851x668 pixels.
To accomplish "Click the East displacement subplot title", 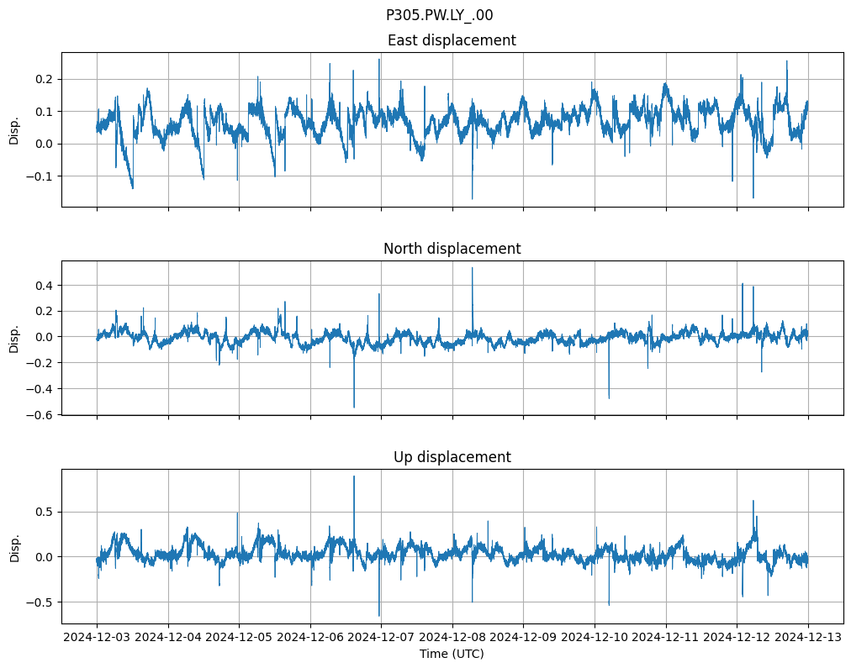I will coord(452,40).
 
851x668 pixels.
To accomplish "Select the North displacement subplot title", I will coord(452,249).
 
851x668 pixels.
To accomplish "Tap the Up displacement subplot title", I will coord(452,457).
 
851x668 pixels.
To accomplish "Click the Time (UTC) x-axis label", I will coord(452,654).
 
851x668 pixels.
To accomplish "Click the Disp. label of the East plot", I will coord(14,129).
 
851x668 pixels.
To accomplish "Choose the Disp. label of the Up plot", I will coord(14,546).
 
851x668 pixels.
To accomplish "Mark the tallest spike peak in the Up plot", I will coord(354,476).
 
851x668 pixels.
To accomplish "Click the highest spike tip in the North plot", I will coord(472,268).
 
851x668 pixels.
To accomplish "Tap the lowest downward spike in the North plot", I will coord(354,408).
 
